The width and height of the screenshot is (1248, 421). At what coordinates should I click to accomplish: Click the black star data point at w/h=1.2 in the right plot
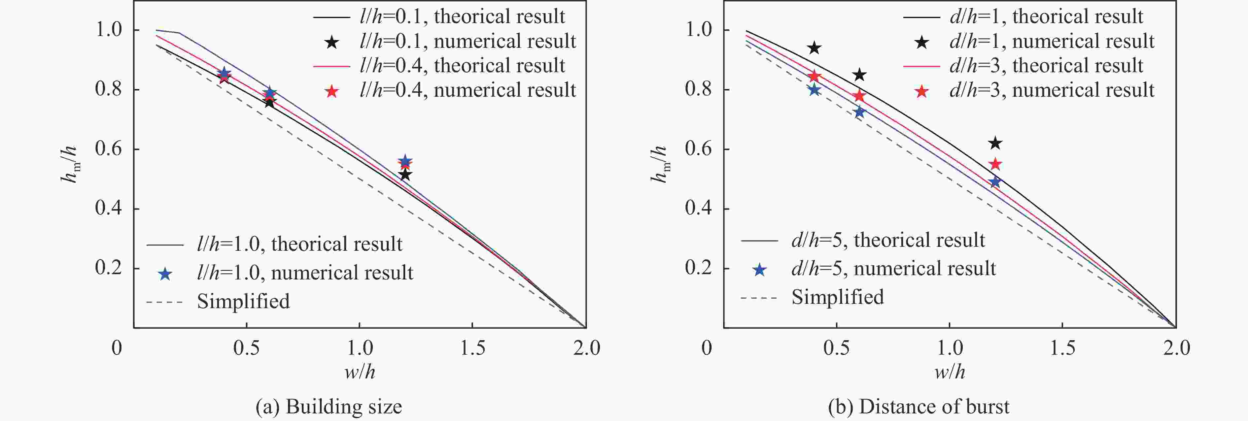click(995, 143)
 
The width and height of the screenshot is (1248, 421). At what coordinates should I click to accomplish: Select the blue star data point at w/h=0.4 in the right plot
click(815, 89)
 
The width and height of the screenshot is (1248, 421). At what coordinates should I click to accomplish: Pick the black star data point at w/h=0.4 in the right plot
click(815, 48)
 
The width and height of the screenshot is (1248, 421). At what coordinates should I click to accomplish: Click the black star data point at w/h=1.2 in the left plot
click(405, 175)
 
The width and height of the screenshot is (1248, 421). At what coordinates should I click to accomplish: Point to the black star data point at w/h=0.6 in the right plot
click(859, 75)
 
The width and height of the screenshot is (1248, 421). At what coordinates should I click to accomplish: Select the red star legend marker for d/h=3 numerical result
click(921, 91)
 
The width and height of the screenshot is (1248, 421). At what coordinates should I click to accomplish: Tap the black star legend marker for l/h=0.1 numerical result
click(332, 43)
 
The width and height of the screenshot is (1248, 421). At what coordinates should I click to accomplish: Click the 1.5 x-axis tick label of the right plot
click(1062, 348)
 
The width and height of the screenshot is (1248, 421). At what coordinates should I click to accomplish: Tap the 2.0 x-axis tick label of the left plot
click(586, 348)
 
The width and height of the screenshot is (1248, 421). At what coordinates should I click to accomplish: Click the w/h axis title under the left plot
click(360, 372)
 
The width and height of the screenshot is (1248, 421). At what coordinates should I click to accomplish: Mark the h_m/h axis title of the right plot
click(659, 165)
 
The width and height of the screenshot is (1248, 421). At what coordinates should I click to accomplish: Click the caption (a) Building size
click(329, 407)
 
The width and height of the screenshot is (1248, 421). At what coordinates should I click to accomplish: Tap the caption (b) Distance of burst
click(919, 407)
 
